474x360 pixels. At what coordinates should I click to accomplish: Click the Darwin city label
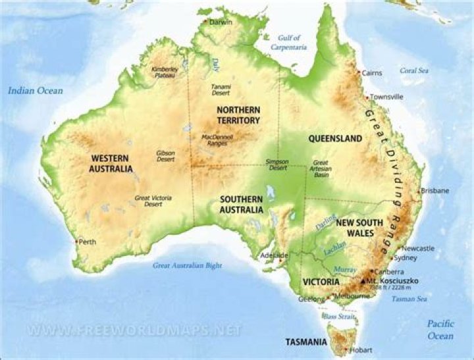[221, 22]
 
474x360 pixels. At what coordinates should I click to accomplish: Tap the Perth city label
[86, 242]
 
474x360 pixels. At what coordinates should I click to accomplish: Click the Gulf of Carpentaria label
[288, 43]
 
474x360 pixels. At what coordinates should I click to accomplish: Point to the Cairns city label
[372, 73]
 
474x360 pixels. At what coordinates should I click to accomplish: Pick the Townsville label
[386, 97]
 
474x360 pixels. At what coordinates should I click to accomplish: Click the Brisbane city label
[435, 191]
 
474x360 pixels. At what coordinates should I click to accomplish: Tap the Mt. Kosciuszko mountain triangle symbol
[361, 281]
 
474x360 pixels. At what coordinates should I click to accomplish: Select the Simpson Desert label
[276, 165]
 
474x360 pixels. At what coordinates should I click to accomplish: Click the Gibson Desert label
[165, 157]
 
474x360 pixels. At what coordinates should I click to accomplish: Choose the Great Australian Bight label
[188, 266]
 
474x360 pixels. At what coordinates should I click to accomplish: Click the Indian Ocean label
[36, 91]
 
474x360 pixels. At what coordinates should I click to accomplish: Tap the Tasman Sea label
[409, 299]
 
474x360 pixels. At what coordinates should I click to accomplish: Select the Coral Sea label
[414, 70]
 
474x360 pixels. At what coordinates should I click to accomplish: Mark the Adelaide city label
[274, 255]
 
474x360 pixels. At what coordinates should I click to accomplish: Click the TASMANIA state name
[305, 342]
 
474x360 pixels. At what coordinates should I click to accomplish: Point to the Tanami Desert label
[221, 90]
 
